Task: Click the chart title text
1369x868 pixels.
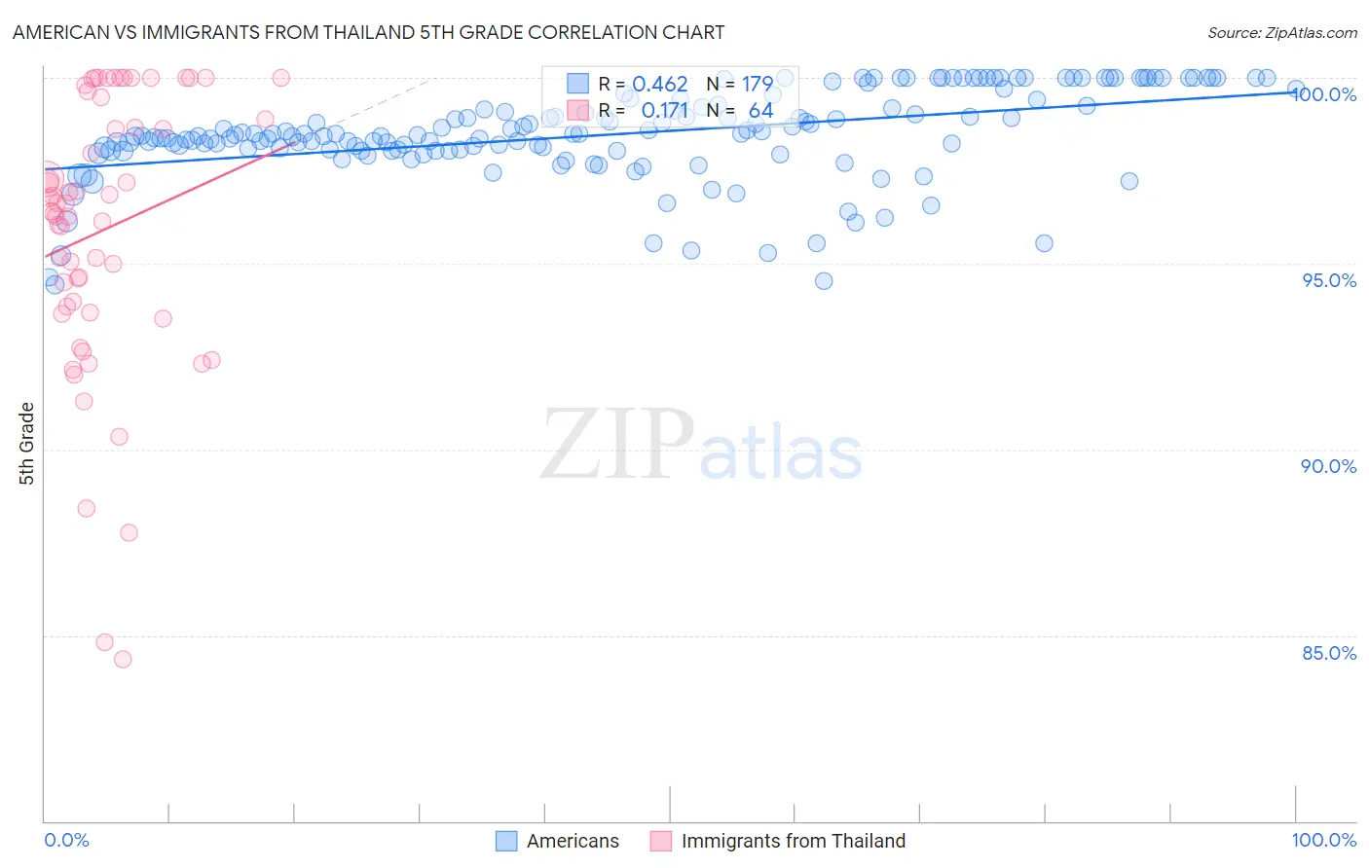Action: [x=368, y=32]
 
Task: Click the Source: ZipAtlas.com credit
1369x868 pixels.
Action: [x=1281, y=32]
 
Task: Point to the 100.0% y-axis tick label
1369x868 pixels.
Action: [x=1327, y=94]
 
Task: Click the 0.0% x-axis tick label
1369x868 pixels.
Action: [x=66, y=840]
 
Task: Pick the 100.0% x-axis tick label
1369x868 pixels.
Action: [x=1323, y=840]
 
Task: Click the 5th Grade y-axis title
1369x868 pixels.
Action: [x=27, y=443]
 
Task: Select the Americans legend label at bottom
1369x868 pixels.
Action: [x=573, y=841]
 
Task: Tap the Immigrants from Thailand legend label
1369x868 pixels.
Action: [x=793, y=841]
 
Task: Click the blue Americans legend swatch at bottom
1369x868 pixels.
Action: [x=506, y=841]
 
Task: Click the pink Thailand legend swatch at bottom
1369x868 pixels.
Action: [x=661, y=841]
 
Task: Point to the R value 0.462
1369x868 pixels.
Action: [x=660, y=85]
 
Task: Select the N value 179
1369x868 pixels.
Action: [x=757, y=85]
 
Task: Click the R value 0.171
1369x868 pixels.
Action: [x=665, y=110]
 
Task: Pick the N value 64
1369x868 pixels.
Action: [x=760, y=110]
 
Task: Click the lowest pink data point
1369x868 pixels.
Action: [x=123, y=659]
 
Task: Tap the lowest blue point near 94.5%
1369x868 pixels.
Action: [x=824, y=281]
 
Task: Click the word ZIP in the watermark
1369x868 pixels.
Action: [x=617, y=445]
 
